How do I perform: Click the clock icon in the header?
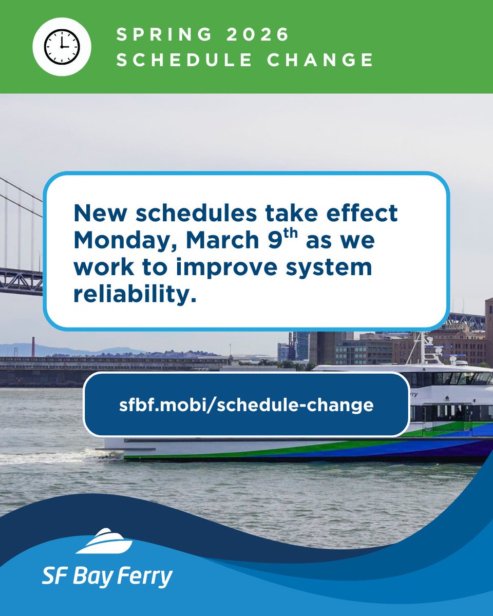coord(62,47)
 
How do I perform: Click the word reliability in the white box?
coord(135,294)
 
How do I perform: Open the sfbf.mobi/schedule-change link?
coord(246,405)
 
